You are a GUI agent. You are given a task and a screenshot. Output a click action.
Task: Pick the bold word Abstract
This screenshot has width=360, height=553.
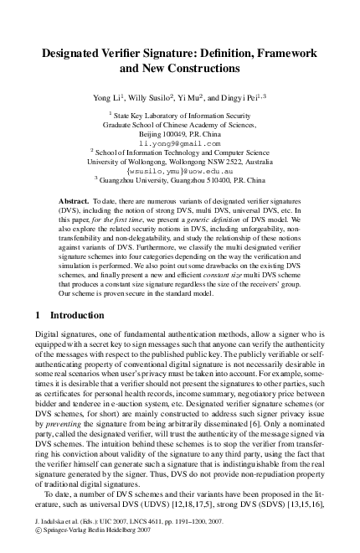(75, 203)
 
